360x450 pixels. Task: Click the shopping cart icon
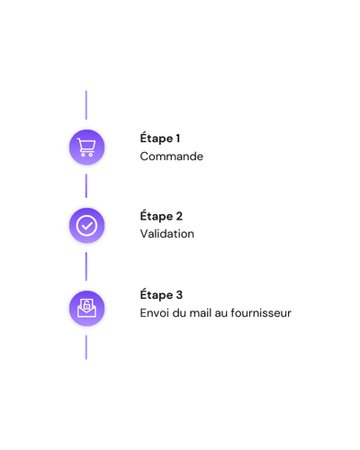[86, 147]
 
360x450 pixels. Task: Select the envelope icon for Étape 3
[86, 308]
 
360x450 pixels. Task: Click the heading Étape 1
[160, 139]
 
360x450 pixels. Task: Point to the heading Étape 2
[161, 216]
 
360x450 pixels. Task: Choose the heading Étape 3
[161, 295]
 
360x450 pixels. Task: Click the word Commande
[171, 157]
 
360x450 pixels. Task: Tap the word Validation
[166, 234]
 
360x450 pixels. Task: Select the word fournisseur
[261, 313]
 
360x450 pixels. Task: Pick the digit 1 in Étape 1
[178, 139]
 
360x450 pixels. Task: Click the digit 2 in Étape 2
[179, 216]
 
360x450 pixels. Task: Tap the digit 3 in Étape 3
[179, 294]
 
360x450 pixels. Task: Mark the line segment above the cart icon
[86, 105]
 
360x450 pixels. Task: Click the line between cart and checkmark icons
[86, 185]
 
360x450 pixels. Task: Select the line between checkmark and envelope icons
[86, 266]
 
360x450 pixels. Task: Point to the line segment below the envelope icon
[86, 347]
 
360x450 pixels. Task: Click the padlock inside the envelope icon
[86, 305]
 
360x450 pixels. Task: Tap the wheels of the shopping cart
[86, 155]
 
